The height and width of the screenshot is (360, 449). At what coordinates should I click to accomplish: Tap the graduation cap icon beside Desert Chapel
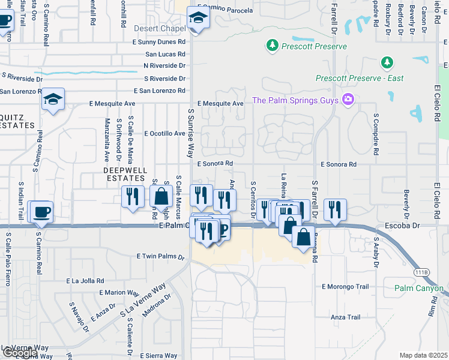(196, 18)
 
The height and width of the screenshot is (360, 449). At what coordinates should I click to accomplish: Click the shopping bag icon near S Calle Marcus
(162, 196)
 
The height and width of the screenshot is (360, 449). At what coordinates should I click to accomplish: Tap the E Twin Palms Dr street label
(160, 256)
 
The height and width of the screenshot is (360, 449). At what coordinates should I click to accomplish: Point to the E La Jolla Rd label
(85, 280)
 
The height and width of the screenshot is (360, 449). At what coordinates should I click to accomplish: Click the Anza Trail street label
(345, 317)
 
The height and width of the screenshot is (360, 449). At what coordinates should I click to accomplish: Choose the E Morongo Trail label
(345, 287)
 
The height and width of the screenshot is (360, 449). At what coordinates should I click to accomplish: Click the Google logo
(19, 353)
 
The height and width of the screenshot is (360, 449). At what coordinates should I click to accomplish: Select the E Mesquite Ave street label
(220, 103)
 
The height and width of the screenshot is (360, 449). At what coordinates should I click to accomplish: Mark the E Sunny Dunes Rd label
(159, 42)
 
